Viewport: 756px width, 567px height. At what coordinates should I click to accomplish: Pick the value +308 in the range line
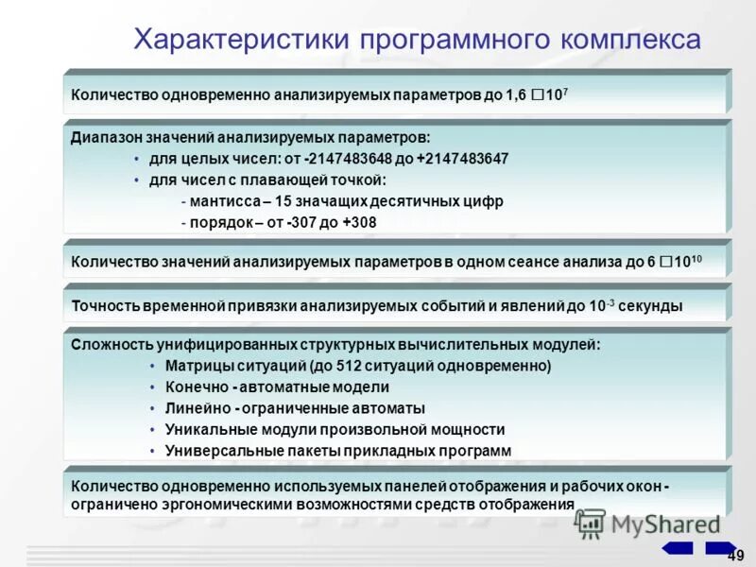tap(359, 223)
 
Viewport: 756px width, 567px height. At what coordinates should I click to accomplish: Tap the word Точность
tap(105, 305)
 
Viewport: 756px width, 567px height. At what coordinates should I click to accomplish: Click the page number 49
tap(736, 555)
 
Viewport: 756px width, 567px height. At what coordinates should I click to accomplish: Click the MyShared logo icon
tap(590, 524)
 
